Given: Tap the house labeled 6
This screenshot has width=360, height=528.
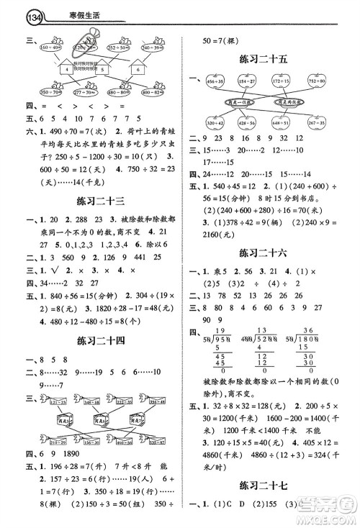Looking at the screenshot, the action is pyautogui.click(x=137, y=70).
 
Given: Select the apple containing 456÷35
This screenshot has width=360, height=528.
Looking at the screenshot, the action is pyautogui.click(x=214, y=83).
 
